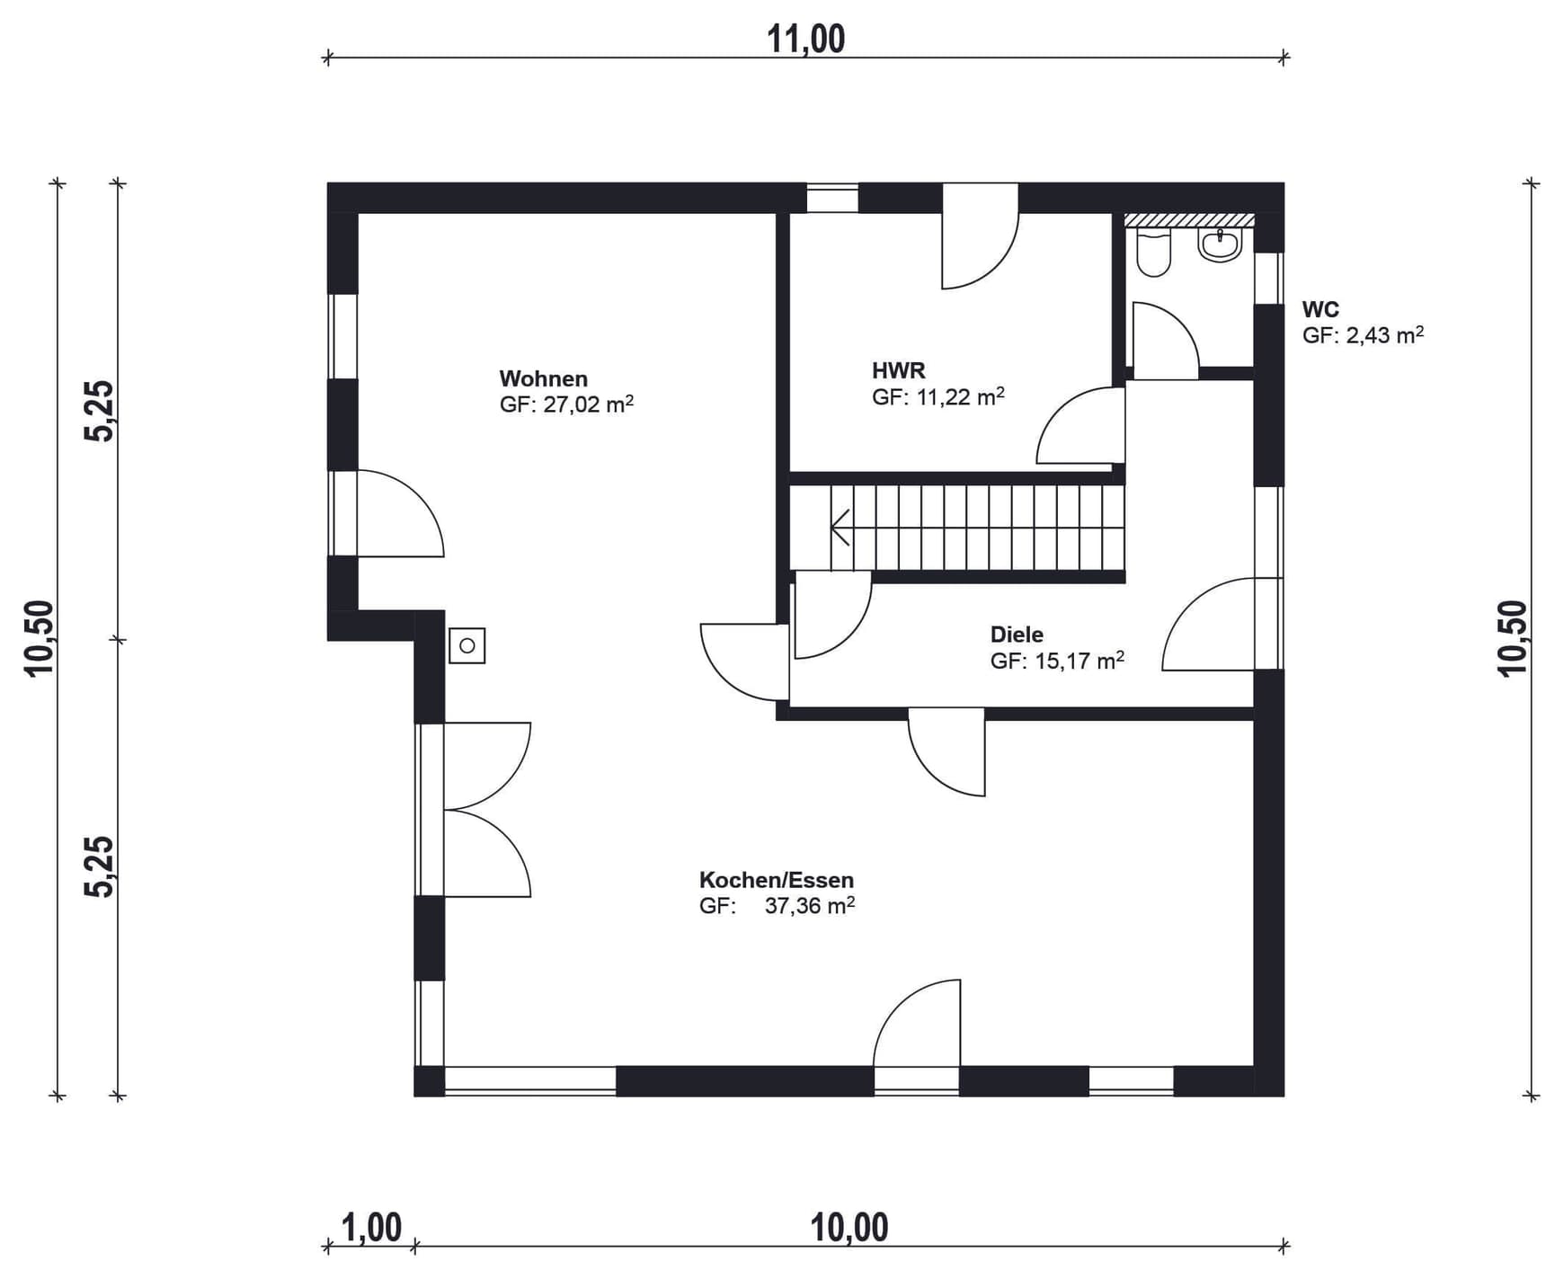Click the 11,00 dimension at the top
[805, 40]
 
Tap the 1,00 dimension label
[371, 1228]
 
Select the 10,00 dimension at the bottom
[849, 1228]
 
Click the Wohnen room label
[544, 378]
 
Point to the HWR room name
[899, 370]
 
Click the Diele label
[1017, 635]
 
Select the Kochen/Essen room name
[777, 880]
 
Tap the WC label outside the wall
[1320, 310]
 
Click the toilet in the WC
[1154, 253]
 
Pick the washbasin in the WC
[1221, 244]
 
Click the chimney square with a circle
[467, 645]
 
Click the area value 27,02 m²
[589, 404]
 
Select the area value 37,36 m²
[810, 905]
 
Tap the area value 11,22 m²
[961, 396]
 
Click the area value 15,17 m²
[1080, 661]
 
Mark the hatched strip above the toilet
[1189, 220]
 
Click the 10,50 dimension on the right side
[1513, 638]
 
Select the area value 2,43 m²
[1385, 335]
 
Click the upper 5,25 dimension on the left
[100, 411]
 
